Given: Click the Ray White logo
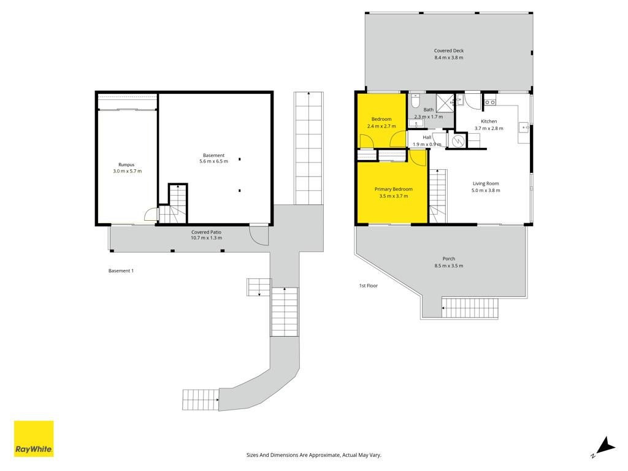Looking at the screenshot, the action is coord(34,438).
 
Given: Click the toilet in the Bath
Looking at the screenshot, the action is coord(415,101).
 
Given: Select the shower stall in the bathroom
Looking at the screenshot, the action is coord(445,103).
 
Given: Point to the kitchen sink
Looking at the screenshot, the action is coord(524,128).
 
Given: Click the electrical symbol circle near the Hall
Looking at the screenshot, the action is coord(457,141).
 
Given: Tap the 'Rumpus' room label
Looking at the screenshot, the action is coord(126,164).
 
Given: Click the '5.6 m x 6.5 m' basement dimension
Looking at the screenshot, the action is coord(214,161).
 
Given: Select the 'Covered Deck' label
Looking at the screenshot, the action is coord(449,51).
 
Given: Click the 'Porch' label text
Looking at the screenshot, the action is coord(449,259).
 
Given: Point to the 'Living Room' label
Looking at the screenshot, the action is coord(486,183).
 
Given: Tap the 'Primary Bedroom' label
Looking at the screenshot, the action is coord(394,189).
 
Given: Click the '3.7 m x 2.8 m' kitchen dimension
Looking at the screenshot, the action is coord(489,129).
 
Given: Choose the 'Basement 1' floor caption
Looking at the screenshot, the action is coord(121,270).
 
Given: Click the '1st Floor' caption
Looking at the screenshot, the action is coord(369,286).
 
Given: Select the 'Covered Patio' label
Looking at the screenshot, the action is coord(206,232).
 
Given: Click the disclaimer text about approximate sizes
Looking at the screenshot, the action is coord(314,455).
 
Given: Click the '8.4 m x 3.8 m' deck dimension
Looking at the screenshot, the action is coord(449,58).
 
